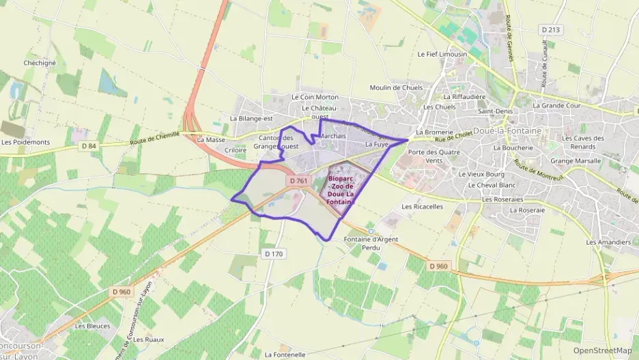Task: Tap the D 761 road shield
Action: [x=298, y=181]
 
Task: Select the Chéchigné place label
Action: [x=40, y=63]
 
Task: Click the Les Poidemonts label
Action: [x=26, y=142]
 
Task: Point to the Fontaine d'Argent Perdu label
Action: [x=371, y=243]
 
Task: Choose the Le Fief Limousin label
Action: [x=442, y=54]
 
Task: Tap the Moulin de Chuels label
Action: [x=396, y=87]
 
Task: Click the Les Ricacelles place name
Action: [x=423, y=206]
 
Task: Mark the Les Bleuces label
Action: [x=92, y=326]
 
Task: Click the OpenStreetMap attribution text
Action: [x=602, y=350]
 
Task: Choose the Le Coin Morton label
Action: [x=315, y=97]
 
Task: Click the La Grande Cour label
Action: [x=556, y=106]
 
